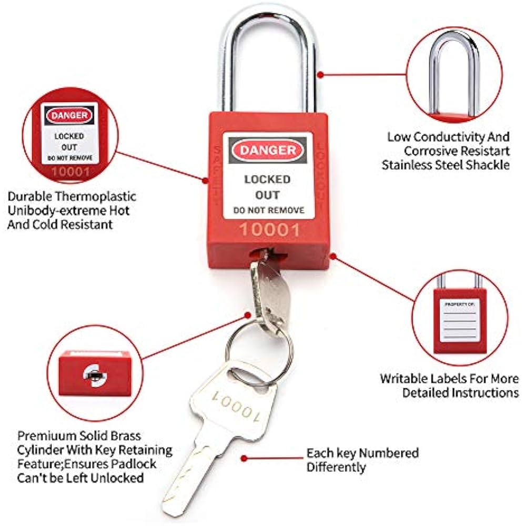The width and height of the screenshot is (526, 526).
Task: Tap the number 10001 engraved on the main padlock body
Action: [269, 229]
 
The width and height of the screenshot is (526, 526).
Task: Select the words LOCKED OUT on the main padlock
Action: [268, 187]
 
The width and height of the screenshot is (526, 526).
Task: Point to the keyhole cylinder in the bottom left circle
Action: [93, 375]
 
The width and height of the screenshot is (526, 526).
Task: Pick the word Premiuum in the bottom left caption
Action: [45, 436]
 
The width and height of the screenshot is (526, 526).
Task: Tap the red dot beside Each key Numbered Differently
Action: [244, 458]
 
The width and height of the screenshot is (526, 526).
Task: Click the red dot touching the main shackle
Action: [320, 75]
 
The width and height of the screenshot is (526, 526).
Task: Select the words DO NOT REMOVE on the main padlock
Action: [269, 210]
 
